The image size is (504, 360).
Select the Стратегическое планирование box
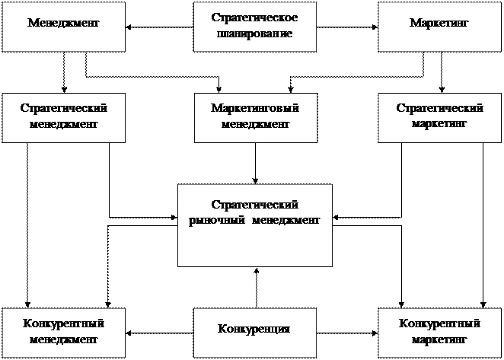pos(254,27)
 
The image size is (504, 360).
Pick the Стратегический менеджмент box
pos(63,117)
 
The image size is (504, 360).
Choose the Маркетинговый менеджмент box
pos(254,117)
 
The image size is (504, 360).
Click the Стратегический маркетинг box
pos(439,117)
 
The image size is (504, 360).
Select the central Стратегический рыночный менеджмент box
pos(254,225)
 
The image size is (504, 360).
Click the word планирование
pos(254,34)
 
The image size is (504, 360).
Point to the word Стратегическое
pos(254,18)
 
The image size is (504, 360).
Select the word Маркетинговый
pos(254,110)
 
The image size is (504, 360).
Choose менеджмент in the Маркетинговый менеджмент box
pos(254,124)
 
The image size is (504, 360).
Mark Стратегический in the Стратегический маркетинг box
pos(439,110)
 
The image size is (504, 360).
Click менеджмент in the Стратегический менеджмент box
pos(63,124)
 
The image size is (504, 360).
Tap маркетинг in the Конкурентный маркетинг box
pos(439,339)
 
